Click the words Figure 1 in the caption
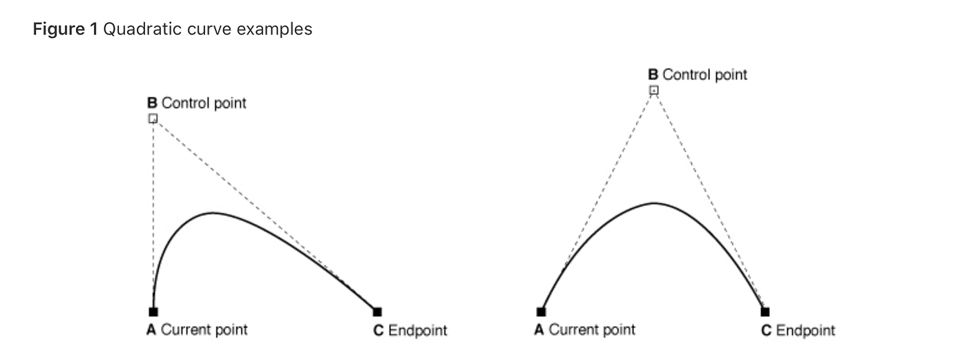[66, 30]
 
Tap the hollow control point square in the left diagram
[153, 118]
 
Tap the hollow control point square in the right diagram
[653, 90]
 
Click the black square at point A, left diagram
[153, 312]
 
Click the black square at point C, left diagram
[377, 312]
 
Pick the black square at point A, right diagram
[541, 312]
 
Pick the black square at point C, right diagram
[765, 312]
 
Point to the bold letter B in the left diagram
[152, 103]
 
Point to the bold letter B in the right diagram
[653, 74]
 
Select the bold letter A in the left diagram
[151, 330]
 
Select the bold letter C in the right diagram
[766, 330]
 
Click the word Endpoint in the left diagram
[417, 330]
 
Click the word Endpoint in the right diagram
[805, 330]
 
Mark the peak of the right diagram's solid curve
[654, 202]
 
